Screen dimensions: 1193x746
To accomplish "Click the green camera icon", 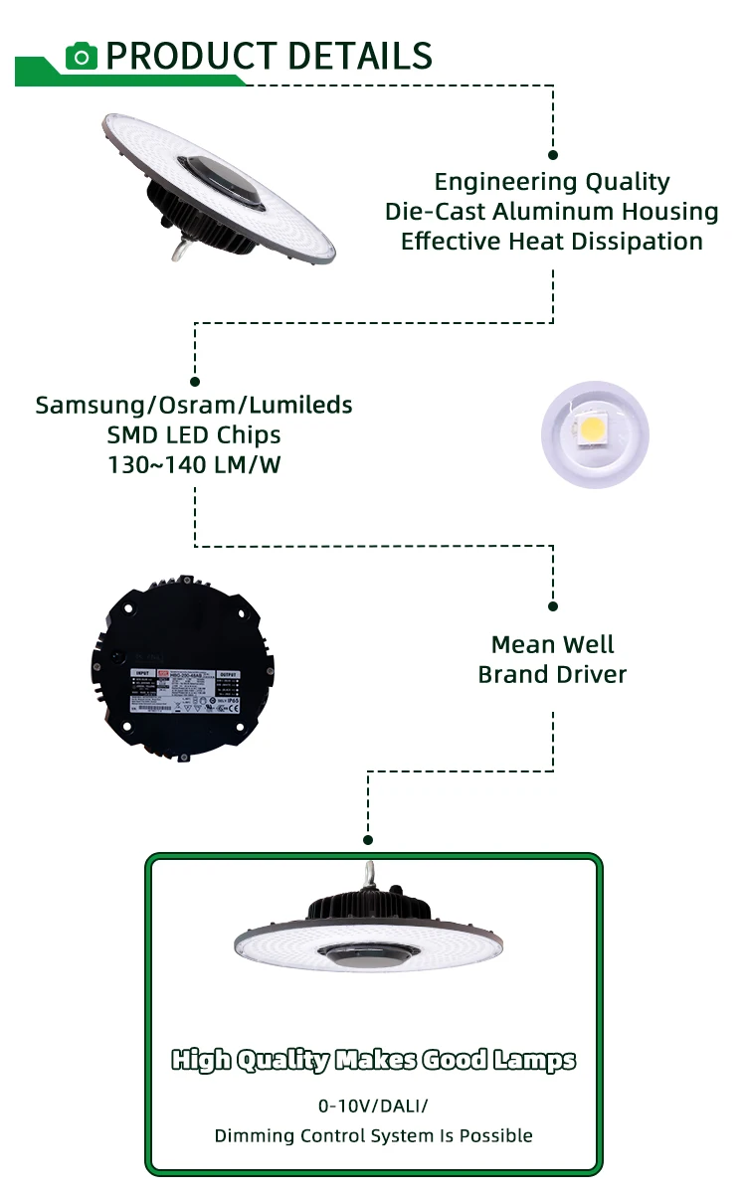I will pos(82,56).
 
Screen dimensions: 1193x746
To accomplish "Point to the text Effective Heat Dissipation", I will pos(552,242).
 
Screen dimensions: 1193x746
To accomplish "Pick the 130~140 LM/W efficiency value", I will pos(194,464).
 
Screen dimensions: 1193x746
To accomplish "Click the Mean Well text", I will pos(553,644).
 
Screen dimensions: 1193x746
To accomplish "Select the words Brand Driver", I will pos(553,674).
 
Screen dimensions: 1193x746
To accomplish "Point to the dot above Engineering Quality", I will pos(553,155).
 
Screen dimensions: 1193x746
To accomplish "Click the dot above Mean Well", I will pos(553,605).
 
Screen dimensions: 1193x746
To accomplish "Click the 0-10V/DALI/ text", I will pos(373,1106).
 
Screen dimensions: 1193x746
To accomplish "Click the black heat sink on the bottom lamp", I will pos(371,906).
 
